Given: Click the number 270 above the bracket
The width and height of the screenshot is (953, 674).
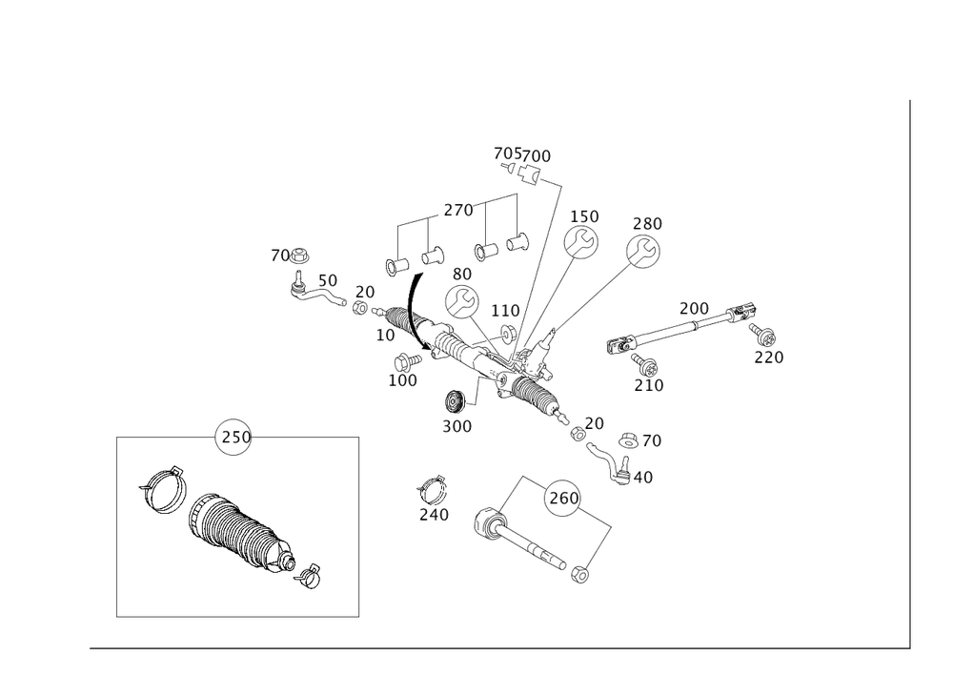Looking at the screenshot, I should pos(458,211).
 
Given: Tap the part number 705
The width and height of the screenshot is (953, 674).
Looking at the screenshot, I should pos(506,154).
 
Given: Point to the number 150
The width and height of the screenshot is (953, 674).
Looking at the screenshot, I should pos(584,218).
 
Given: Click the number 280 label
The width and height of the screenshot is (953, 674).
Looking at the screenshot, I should pos(647,223).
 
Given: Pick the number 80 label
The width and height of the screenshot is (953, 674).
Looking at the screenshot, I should pos(461,276).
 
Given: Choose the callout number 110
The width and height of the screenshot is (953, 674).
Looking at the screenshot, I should pos(505,311).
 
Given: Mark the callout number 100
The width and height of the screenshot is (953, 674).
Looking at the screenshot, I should pos(403,379).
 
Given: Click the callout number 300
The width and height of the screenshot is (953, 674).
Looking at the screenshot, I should pos(457,427).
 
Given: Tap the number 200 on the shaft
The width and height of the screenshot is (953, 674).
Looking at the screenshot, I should pos(694,309).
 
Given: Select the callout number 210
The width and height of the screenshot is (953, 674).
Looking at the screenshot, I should pos(649,385).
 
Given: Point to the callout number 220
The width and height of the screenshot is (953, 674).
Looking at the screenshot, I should pos(768,358).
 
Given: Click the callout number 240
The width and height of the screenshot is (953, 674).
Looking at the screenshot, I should pos(434,515).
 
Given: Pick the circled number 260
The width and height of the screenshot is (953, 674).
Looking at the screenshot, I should pos(565,499).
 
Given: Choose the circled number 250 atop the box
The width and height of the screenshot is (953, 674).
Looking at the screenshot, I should pos(234,437).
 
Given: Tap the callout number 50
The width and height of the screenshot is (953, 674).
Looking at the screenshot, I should pos(327,280).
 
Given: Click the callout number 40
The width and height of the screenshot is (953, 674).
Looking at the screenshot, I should pos(639,477).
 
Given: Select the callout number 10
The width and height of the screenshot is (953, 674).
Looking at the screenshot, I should pos(384,336).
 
